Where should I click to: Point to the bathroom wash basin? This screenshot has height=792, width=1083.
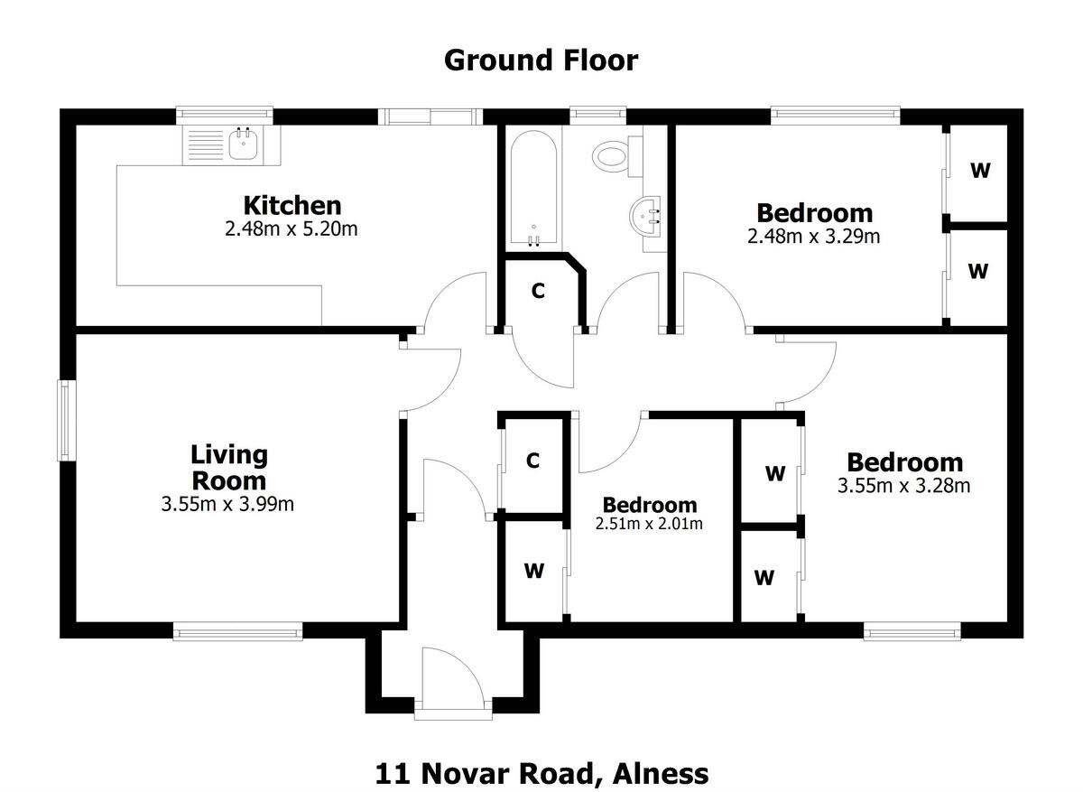coord(647,217)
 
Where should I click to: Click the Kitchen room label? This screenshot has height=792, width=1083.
coord(292,205)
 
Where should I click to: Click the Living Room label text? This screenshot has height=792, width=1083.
coord(228,467)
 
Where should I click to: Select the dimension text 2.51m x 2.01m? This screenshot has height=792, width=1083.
coord(649,523)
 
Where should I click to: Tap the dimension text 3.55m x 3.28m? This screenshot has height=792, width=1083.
coord(903,486)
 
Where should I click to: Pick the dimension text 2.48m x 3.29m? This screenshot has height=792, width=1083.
coord(813,237)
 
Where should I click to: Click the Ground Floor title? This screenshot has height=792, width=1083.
coord(541,61)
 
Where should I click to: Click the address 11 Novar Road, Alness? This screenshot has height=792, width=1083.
coord(541,774)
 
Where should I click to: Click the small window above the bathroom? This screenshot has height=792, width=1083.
coord(597,114)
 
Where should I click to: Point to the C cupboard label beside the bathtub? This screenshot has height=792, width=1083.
coord(537,291)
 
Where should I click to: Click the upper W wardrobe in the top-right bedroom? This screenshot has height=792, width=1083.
coord(979,170)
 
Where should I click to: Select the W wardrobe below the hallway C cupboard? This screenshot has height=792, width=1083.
coord(533,571)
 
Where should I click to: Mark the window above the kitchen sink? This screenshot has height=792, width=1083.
coord(225,114)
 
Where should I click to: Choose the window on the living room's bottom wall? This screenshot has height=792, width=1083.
coord(237,633)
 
